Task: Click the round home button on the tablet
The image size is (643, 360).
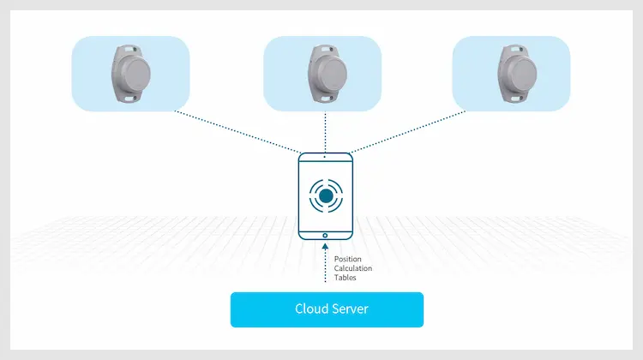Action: (325, 234)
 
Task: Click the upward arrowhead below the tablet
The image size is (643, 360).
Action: (325, 248)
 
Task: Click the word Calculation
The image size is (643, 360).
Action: (353, 268)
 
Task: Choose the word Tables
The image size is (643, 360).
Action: (346, 278)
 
